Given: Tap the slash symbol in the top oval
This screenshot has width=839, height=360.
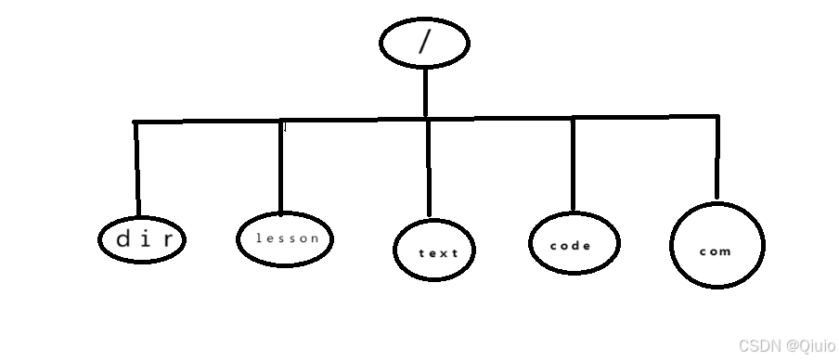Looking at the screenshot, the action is [424, 43].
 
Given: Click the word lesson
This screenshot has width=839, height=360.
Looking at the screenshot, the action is [287, 238].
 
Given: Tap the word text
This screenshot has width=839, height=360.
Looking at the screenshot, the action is [439, 252].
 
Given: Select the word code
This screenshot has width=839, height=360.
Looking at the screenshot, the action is [571, 246].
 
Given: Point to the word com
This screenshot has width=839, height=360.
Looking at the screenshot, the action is [716, 251].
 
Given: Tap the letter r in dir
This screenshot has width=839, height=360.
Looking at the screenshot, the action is [165, 239].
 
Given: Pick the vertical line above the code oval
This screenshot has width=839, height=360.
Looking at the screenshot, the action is [573, 164].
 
